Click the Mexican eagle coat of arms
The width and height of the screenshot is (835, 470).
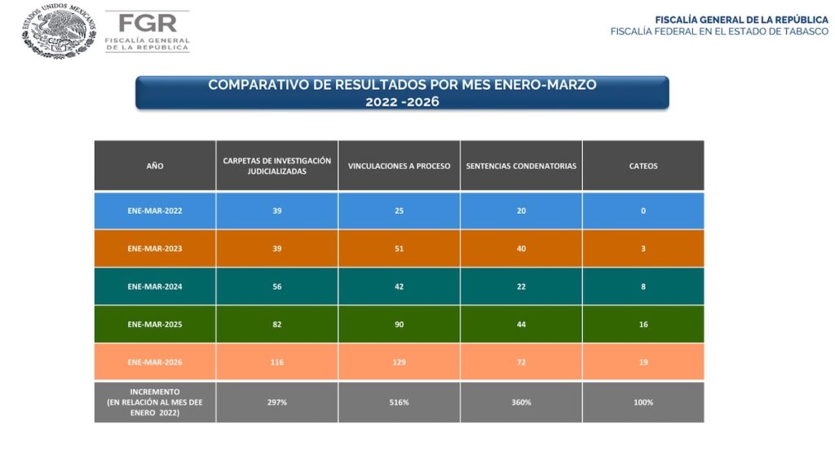[x=59, y=30]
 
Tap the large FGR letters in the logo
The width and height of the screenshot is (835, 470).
[x=147, y=24]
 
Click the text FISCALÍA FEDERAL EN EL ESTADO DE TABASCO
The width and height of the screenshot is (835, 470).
[x=719, y=32]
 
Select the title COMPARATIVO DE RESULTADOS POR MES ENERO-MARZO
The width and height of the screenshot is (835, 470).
[x=402, y=85]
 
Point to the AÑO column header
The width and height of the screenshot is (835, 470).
[x=155, y=166]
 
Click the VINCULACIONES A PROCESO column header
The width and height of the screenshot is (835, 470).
[x=399, y=166]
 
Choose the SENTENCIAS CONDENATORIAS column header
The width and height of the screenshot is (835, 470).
[x=521, y=166]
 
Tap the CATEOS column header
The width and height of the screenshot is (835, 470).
[x=643, y=166]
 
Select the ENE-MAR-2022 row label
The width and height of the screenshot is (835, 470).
[x=155, y=211]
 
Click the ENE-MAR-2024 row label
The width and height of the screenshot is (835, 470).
[x=155, y=286]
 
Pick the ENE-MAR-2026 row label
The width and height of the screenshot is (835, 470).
[x=155, y=361]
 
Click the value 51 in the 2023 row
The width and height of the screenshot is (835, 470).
[x=399, y=248]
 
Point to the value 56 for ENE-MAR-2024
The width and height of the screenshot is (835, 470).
[x=277, y=286]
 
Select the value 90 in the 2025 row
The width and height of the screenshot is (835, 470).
[x=399, y=324]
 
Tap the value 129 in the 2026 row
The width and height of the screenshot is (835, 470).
[x=399, y=361]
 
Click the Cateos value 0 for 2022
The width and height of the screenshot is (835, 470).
[x=643, y=211]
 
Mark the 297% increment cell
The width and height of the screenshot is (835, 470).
[x=277, y=402]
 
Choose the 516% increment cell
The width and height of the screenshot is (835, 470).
[x=399, y=402]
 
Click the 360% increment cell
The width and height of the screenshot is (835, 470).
[x=521, y=402]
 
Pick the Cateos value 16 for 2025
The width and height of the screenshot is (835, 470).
[x=643, y=324]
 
